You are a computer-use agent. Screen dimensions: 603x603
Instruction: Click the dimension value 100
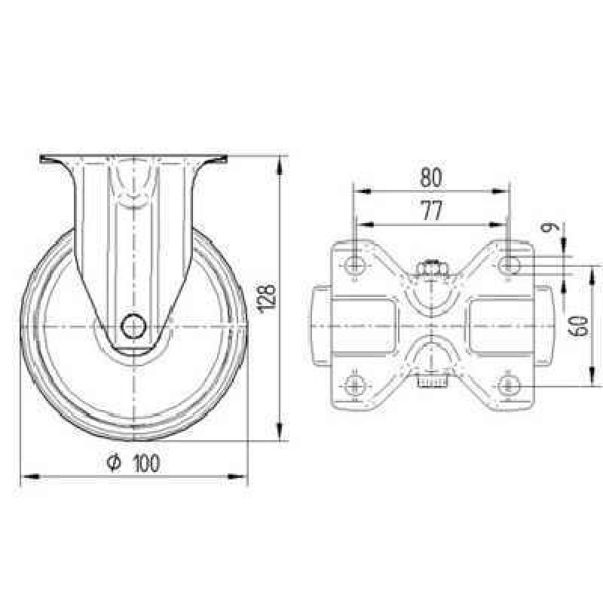[146, 464]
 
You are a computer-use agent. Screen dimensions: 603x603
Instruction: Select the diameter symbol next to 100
[114, 463]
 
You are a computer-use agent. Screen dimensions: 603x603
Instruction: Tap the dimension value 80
[430, 177]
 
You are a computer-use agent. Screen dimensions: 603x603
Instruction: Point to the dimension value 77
[431, 211]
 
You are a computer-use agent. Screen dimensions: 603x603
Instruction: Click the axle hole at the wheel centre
[134, 326]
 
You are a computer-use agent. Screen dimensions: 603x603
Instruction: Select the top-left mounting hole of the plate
[354, 265]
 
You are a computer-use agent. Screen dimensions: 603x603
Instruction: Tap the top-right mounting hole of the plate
[510, 265]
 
